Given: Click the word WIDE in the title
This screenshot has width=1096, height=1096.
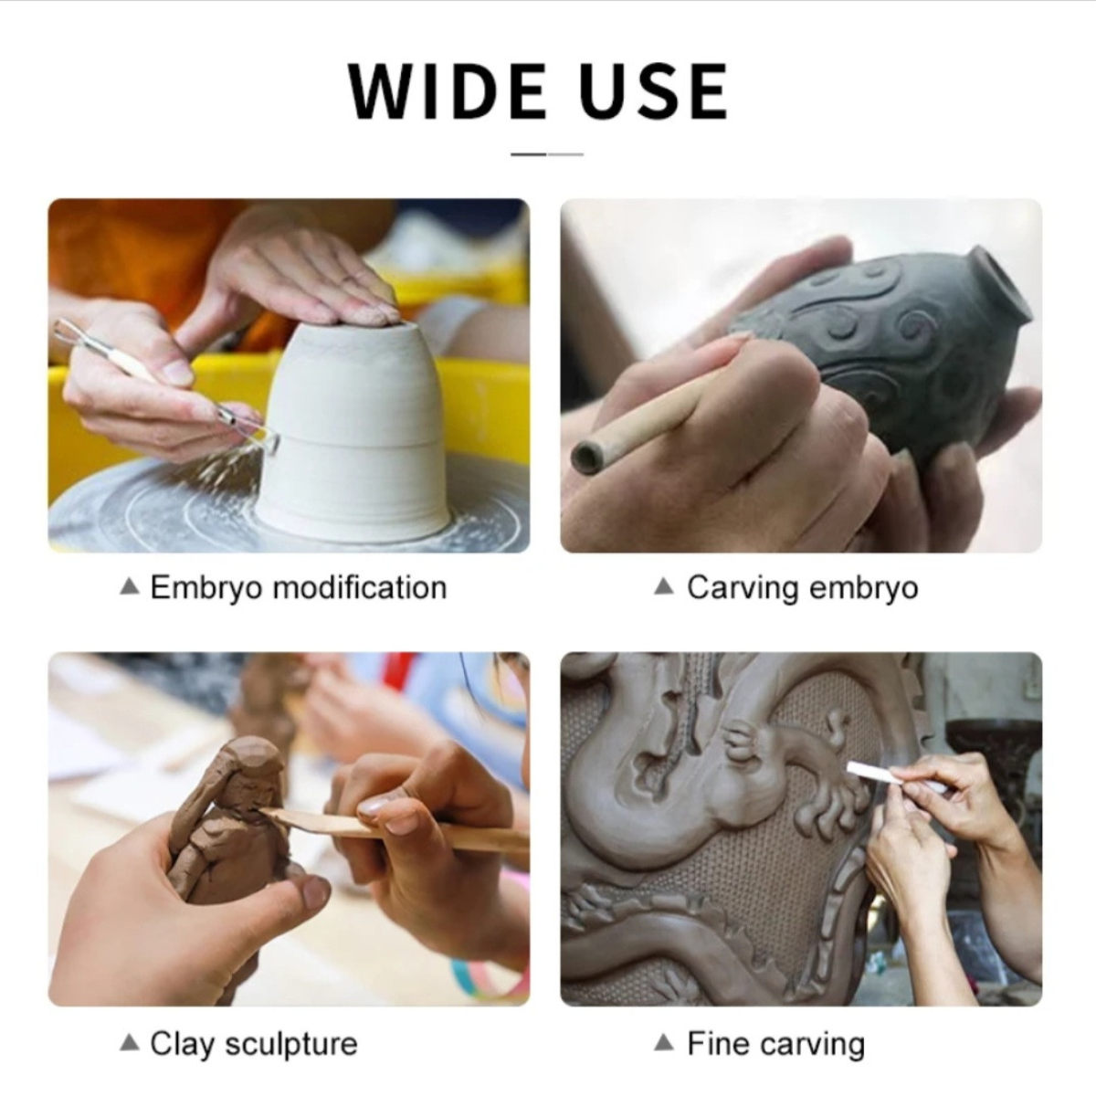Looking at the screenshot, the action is [447, 91].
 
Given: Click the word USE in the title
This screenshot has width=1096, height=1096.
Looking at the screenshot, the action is [654, 91].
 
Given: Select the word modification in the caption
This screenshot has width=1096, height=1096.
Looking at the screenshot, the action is [360, 587].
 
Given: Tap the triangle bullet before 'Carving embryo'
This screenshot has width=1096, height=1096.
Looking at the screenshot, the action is [664, 586].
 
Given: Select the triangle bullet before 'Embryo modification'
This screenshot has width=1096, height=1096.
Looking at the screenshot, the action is [131, 586].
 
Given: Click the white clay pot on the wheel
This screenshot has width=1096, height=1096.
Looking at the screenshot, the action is [356, 427].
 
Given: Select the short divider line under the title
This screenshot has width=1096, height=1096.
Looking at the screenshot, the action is [547, 154].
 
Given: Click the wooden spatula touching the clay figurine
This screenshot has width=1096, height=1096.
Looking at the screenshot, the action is [398, 829].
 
